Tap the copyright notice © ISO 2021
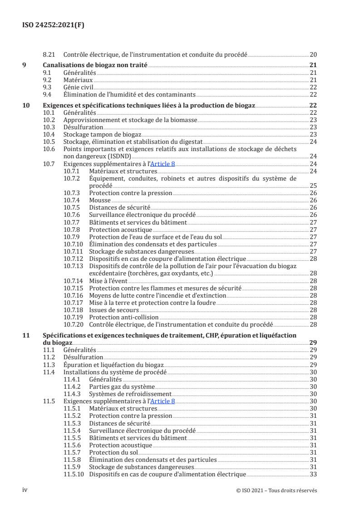click(276, 490)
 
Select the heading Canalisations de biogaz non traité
click(95, 65)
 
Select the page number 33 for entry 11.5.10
click(313, 474)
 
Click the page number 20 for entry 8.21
click(313, 54)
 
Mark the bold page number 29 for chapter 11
click(313, 343)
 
